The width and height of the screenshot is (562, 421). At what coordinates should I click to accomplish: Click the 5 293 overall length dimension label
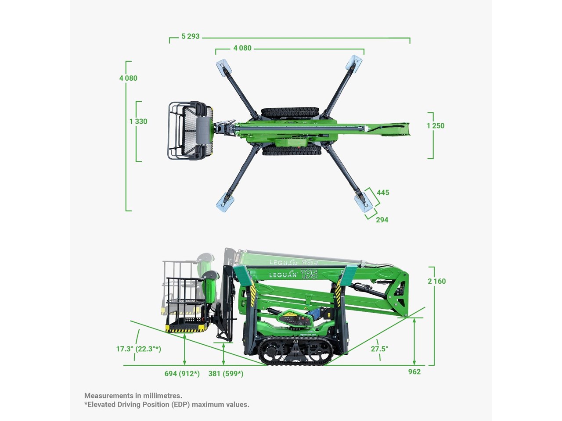pos(191,36)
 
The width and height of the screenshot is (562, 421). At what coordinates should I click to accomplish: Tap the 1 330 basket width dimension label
pos(138,121)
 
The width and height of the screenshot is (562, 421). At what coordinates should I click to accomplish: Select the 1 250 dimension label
pos(436,126)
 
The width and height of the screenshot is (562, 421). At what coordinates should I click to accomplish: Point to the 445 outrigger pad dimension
pos(383,193)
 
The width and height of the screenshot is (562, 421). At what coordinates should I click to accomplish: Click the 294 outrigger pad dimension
pos(382,220)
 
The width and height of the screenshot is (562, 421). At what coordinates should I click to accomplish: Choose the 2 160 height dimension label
pos(436,281)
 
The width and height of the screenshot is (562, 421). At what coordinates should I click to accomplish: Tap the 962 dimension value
pos(414,372)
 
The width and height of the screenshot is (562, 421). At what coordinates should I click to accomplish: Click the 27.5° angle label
pos(379,349)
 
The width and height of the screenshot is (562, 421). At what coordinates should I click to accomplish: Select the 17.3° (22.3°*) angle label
pos(138,349)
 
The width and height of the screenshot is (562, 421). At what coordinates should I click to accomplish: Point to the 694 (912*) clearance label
pos(182,374)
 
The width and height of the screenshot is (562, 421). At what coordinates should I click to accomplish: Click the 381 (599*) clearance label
pos(226,374)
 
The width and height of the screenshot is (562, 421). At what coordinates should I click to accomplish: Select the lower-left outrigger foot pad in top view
pos(224,204)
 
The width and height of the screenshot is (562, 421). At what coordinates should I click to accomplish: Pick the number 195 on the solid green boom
pos(309,274)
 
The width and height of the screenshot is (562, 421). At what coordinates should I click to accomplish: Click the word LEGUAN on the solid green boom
pos(283,275)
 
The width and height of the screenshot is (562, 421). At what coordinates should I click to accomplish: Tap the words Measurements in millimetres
pos(133,396)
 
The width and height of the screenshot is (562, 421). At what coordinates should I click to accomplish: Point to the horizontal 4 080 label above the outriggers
pos(242,48)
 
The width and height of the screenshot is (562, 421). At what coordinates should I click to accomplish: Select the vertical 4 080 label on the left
pos(128,78)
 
